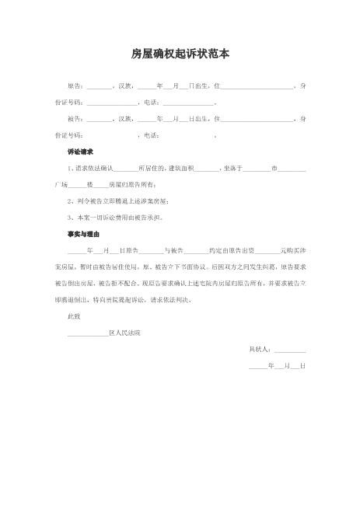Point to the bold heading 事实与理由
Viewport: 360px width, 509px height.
(x=84, y=233)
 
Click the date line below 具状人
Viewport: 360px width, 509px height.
(x=277, y=365)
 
